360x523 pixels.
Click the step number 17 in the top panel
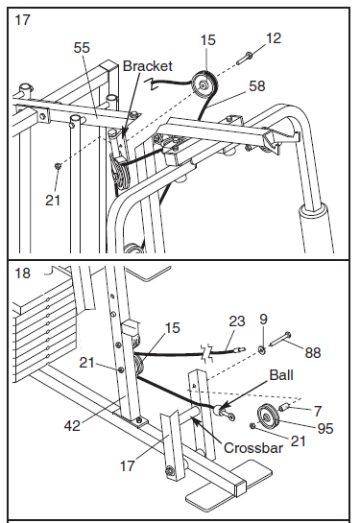[x=22, y=20]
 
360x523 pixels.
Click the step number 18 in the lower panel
[x=22, y=273]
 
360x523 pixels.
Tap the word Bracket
[x=148, y=66]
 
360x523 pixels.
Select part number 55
[x=82, y=48]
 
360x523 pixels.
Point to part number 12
[x=274, y=38]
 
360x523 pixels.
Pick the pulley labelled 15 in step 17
[x=204, y=85]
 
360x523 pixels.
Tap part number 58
[x=257, y=86]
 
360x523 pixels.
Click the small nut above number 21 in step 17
[x=58, y=166]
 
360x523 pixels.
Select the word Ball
[x=281, y=375]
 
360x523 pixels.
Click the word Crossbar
[x=253, y=448]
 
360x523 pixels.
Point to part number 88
[x=313, y=352]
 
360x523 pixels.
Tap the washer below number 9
[x=262, y=350]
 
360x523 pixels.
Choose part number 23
[x=237, y=321]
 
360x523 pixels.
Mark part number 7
[x=318, y=411]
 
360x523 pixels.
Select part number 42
[x=72, y=426]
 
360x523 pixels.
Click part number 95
[x=325, y=429]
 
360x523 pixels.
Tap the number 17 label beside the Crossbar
[x=128, y=466]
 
